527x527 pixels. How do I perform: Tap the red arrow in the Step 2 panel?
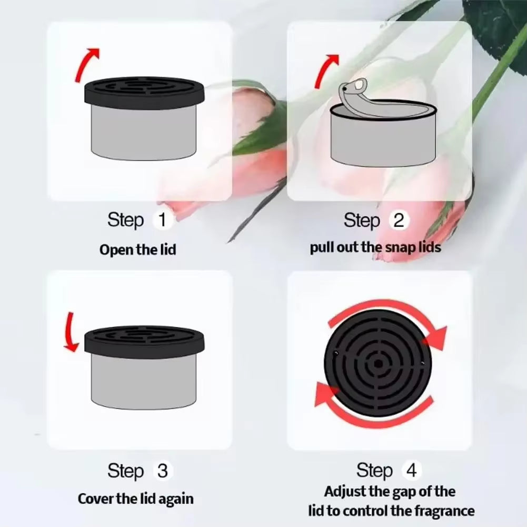click(325, 68)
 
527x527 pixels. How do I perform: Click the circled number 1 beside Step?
click(162, 220)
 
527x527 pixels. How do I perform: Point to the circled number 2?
click(399, 220)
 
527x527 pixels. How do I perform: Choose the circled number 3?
click(162, 470)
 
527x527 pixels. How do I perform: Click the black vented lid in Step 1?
click(144, 93)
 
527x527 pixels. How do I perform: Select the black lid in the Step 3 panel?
click(144, 340)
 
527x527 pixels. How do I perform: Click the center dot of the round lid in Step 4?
click(379, 363)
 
